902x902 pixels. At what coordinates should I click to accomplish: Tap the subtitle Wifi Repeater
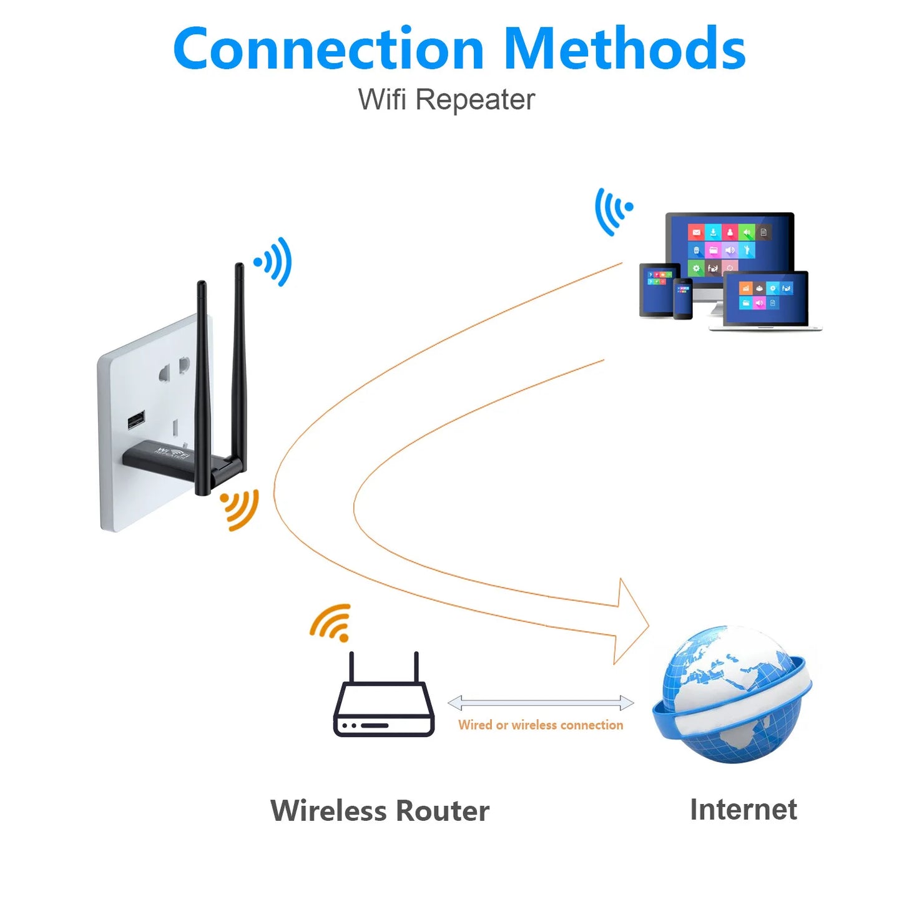[446, 100]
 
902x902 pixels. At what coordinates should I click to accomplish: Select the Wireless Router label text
[380, 810]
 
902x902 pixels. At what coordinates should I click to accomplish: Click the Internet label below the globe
[743, 809]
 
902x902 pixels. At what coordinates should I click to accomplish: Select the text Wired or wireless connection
[541, 725]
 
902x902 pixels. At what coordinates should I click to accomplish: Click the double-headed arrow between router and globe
[541, 703]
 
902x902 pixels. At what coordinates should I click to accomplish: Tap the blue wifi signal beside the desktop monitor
[613, 211]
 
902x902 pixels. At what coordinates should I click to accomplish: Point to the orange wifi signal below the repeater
[240, 509]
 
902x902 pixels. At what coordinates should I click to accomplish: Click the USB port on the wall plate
[136, 420]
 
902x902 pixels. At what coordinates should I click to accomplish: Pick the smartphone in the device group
[683, 299]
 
